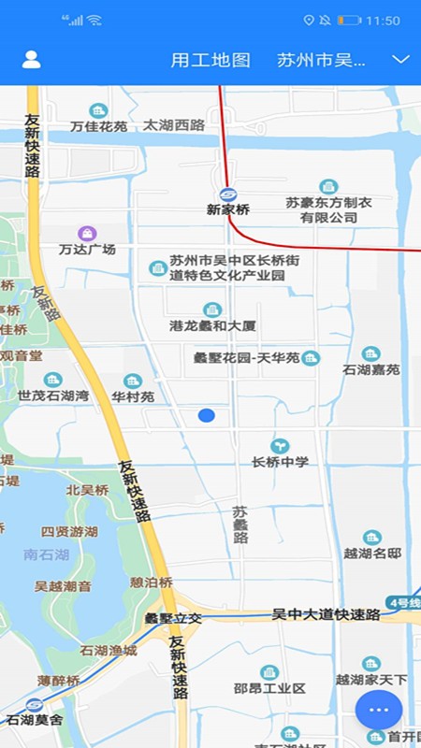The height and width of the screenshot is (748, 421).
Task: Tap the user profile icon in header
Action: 31,60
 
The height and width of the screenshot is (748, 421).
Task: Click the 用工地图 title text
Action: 210,60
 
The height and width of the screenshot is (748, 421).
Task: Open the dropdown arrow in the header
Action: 400,60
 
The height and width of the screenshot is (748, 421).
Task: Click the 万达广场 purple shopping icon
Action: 87,232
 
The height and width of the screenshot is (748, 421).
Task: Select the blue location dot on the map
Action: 207,415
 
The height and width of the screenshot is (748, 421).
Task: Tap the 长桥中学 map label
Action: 280,462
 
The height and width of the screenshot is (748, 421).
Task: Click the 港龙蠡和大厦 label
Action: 212,326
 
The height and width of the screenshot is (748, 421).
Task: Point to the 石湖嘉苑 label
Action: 370,369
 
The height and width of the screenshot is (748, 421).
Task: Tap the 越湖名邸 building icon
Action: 371,538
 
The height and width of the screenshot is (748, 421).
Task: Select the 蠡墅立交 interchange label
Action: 173,618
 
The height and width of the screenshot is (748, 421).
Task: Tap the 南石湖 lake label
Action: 47,554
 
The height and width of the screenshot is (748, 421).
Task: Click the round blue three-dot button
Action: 378,710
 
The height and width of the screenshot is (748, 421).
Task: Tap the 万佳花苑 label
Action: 98,125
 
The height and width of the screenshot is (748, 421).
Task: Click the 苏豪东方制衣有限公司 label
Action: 328,209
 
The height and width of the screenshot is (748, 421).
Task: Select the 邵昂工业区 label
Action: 269,689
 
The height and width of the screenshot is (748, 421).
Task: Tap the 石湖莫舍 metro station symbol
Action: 35,705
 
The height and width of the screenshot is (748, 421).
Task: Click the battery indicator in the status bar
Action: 349,20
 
